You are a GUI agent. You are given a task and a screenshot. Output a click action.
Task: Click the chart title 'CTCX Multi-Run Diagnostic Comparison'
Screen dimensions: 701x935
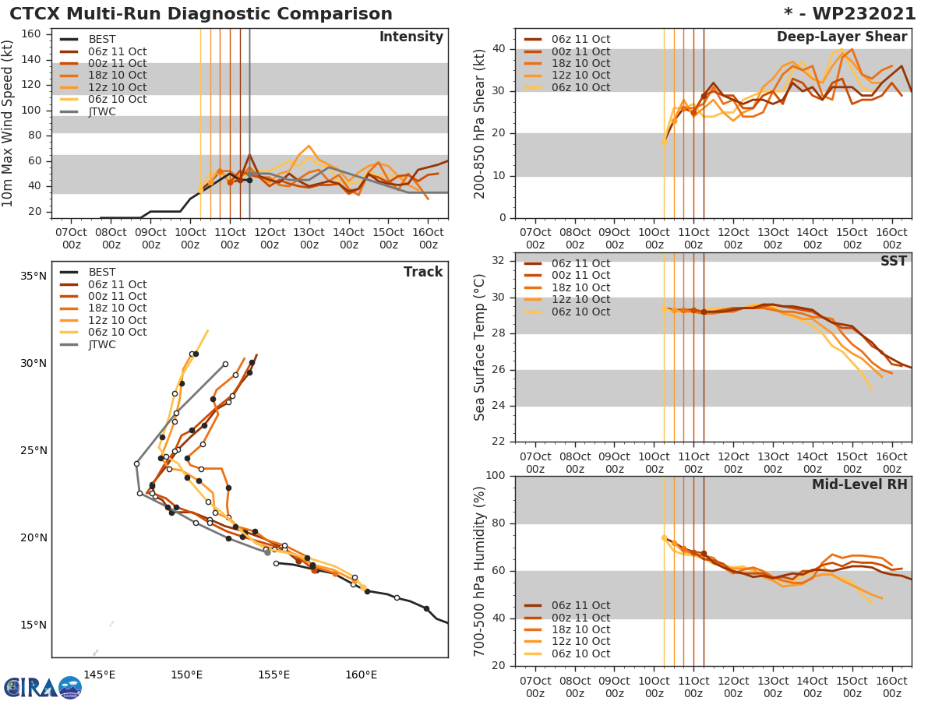(201, 14)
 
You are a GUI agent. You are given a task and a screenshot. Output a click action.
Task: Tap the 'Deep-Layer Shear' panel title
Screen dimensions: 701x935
(841, 37)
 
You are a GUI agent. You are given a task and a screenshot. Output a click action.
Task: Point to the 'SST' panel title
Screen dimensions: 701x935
(893, 261)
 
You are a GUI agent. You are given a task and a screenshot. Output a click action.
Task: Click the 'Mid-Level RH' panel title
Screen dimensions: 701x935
(859, 484)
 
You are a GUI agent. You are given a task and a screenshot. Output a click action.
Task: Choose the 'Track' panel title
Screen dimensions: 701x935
(423, 272)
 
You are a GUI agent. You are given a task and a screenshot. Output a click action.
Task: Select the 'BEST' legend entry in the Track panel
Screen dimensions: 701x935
(102, 273)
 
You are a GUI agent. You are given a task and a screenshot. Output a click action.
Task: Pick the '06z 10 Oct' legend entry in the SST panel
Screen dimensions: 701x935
(580, 312)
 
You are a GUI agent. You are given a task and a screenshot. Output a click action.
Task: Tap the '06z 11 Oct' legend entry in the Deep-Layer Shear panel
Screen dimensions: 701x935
(580, 40)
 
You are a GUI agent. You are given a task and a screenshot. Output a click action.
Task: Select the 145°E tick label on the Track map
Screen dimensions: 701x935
(100, 675)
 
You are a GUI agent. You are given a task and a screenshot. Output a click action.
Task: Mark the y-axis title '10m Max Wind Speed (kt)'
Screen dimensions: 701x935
(9, 123)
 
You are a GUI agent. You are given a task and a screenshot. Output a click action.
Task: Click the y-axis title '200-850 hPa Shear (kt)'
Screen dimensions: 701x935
(480, 123)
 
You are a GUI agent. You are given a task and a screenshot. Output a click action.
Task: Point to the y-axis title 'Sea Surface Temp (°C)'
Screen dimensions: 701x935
(480, 347)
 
